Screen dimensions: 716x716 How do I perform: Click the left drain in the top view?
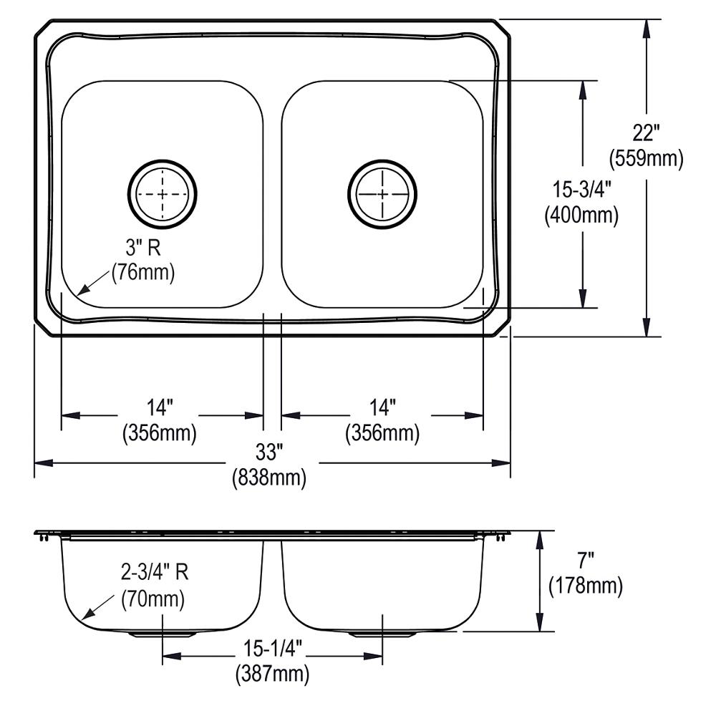click(x=162, y=194)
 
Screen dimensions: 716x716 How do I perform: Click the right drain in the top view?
click(x=382, y=194)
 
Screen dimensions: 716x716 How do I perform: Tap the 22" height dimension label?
click(x=646, y=133)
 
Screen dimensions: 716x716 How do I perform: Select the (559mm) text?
click(x=646, y=158)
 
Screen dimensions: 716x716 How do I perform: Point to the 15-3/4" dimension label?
click(x=581, y=189)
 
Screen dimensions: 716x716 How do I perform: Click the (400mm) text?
click(x=581, y=215)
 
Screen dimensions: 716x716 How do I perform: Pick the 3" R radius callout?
click(x=143, y=248)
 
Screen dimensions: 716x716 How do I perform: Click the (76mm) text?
click(x=143, y=273)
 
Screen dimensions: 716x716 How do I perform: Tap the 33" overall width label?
click(x=269, y=452)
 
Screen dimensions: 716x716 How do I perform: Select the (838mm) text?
click(x=269, y=478)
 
